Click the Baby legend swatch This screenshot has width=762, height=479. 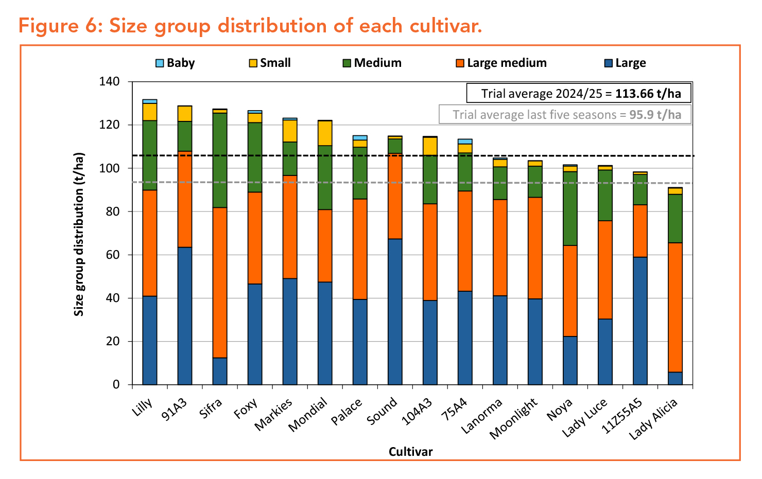pos(160,63)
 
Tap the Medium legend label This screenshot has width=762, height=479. pos(377,63)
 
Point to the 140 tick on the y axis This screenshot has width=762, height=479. pos(109,82)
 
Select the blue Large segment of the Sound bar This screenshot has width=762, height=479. pos(395,311)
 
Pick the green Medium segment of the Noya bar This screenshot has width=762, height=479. pos(570,208)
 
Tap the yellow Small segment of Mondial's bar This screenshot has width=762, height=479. pos(325,133)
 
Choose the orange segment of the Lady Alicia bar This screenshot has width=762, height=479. pos(675,307)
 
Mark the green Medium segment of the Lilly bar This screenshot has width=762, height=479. pos(150,155)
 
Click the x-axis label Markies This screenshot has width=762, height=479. pos(274,414)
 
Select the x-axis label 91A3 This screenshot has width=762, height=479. pos(175,409)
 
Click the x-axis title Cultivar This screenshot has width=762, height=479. pos(410,452)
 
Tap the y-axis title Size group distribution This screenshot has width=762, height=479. pos(79,234)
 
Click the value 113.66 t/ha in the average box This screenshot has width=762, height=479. pos(648,94)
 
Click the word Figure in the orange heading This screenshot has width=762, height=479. pos(47,26)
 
